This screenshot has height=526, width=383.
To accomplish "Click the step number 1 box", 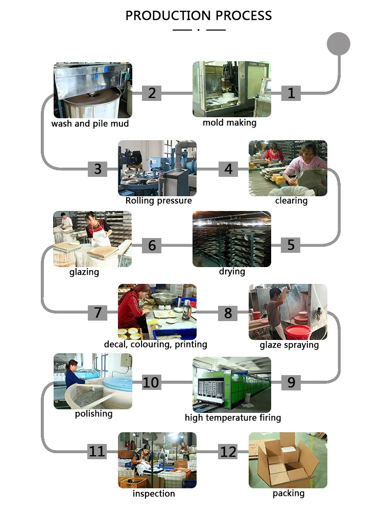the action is (291, 93).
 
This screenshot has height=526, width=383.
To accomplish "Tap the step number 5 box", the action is (291, 245).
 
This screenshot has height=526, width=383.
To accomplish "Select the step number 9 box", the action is (291, 382).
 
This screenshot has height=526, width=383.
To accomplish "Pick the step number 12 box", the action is (228, 451).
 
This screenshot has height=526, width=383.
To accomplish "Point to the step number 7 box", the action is (98, 312).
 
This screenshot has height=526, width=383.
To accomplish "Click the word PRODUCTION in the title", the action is (162, 15).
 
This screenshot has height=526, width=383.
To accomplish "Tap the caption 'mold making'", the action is (230, 123).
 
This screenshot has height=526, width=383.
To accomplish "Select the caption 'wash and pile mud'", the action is (90, 124).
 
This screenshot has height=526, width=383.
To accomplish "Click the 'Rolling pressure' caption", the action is (159, 201).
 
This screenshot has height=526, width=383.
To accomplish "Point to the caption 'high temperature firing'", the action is (233, 418).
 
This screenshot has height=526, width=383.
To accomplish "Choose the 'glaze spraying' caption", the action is (289, 345).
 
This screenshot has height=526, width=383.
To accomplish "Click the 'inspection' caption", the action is (154, 493).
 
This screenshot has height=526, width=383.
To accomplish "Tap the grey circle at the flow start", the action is (338, 44).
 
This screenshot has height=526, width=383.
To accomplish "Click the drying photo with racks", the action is (231, 239).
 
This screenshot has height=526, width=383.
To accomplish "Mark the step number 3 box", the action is (98, 169).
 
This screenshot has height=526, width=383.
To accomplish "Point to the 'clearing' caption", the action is (291, 201).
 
